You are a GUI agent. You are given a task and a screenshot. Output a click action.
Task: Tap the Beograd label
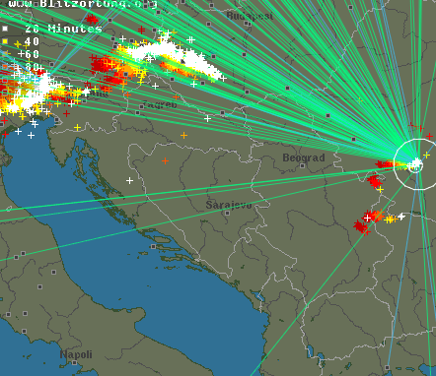tap(303, 157)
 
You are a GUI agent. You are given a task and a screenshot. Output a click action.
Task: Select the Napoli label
tap(76, 354)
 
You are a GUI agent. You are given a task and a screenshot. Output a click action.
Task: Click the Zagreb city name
tap(163, 103)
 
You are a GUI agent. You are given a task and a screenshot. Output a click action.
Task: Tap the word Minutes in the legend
tap(77, 29)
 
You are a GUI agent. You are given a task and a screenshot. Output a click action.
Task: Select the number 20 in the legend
tap(33, 29)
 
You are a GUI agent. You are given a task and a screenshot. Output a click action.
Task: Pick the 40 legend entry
tap(33, 41)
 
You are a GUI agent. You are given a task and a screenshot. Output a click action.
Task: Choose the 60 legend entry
tap(33, 54)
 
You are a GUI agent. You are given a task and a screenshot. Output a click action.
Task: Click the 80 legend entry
tap(33, 67)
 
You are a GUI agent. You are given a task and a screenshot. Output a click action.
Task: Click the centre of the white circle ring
tap(414, 163)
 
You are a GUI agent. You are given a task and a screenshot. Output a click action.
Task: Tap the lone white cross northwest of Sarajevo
tap(129, 180)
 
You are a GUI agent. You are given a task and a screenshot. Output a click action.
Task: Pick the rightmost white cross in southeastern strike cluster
tap(401, 216)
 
